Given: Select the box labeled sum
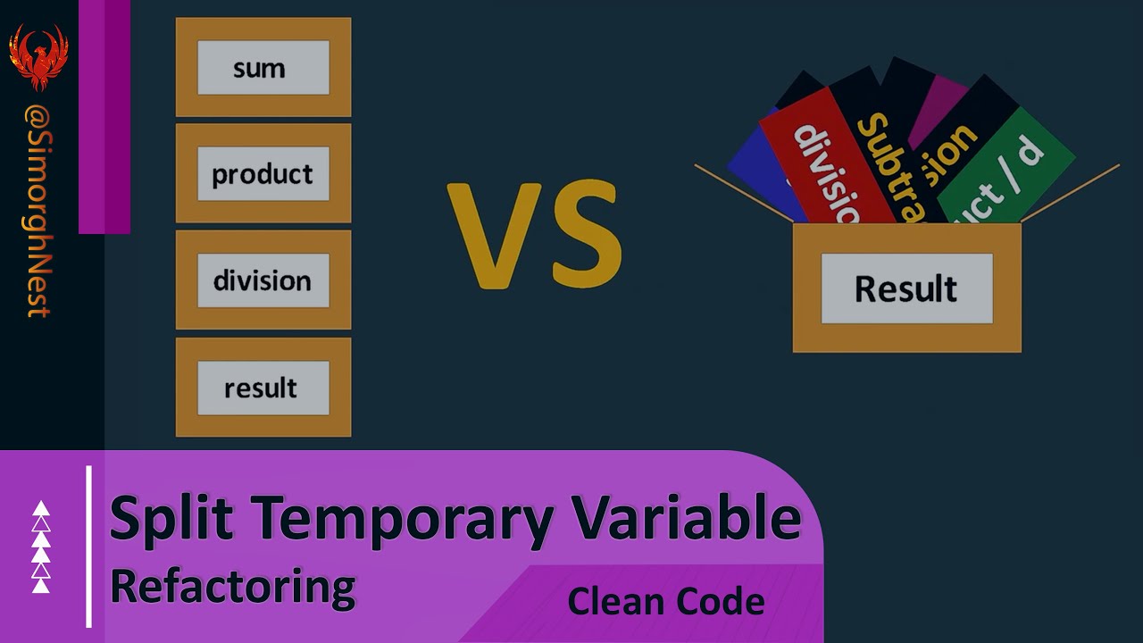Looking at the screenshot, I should point(263,68).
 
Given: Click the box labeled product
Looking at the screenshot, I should point(263,174).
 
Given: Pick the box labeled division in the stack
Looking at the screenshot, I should point(263,280).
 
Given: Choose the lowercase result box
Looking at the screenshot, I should point(263,388).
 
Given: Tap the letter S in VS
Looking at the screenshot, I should point(581,236).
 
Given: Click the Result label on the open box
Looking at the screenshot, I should point(905,288).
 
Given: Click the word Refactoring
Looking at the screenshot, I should point(232,587).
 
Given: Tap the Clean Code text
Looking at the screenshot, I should point(665,601).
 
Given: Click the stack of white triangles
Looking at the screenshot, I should point(41,547).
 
